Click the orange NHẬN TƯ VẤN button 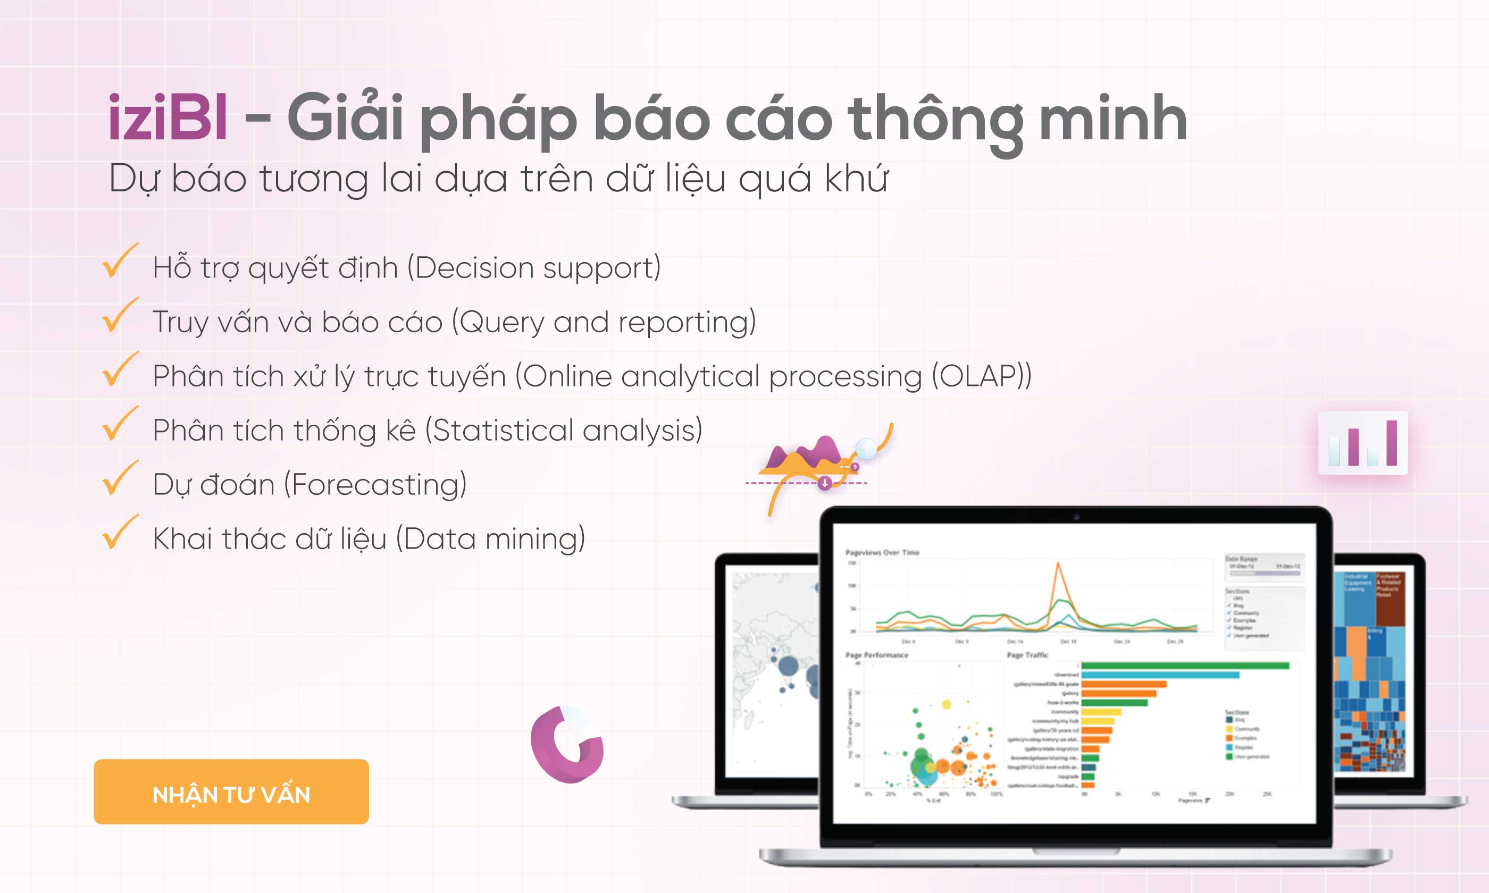(x=231, y=792)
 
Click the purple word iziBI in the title (x=168, y=119)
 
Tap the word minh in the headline (x=1113, y=119)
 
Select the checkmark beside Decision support (x=119, y=262)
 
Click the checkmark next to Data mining (x=119, y=533)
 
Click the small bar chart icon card (x=1362, y=443)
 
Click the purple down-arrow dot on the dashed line (x=825, y=483)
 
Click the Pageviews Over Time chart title (x=882, y=552)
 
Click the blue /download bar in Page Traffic (x=1160, y=675)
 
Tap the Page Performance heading (x=877, y=655)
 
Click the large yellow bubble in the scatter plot (x=946, y=705)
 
